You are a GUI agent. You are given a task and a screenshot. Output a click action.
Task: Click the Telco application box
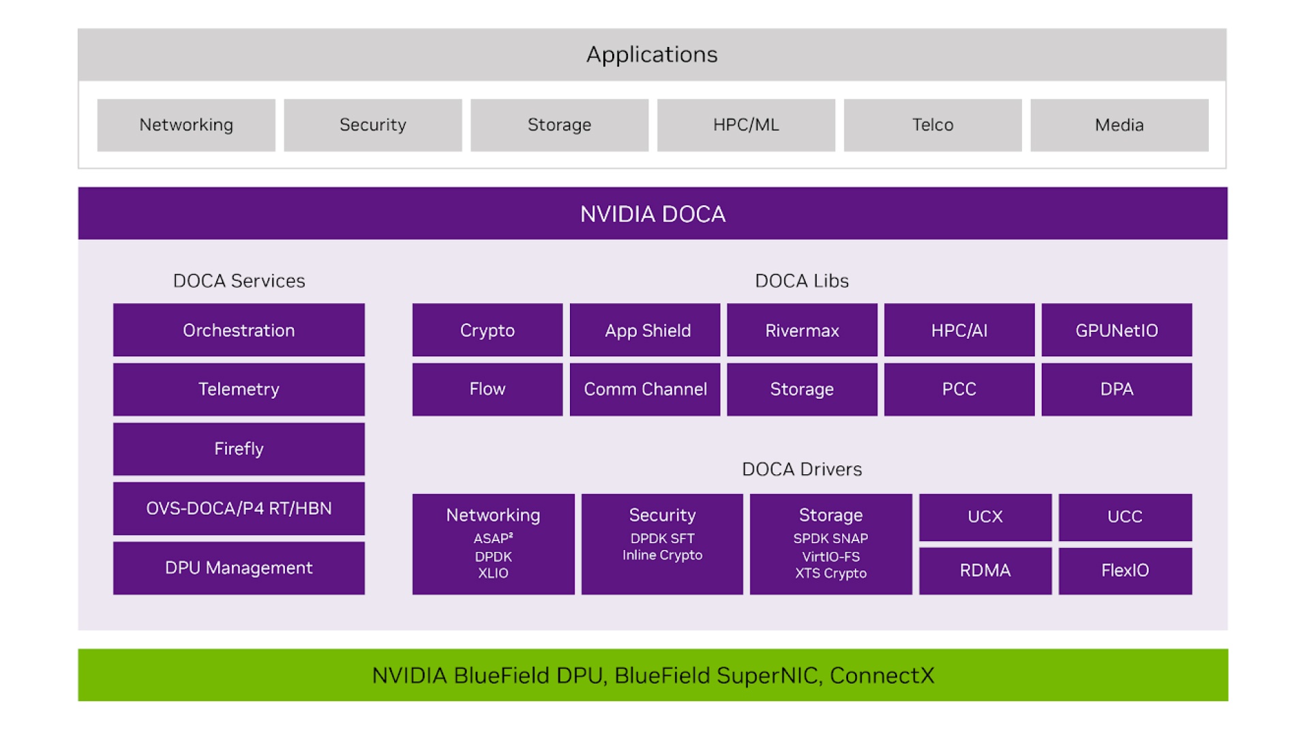pos(932,125)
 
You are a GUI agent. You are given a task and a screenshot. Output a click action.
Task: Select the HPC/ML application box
pos(746,125)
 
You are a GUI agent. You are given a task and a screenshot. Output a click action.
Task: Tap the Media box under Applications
pos(1119,125)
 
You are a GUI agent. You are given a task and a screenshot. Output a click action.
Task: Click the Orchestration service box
pos(239,330)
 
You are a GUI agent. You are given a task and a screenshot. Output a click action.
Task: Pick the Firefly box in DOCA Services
pos(239,448)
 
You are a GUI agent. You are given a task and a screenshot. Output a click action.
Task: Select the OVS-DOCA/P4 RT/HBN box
pos(239,508)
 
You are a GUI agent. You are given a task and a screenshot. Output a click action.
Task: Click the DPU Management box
pos(239,568)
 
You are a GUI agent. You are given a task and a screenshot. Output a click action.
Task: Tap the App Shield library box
pos(645,330)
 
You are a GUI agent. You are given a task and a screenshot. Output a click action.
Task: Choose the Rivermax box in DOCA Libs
pos(802,330)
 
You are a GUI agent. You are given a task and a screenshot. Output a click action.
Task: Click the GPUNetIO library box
pos(1116,330)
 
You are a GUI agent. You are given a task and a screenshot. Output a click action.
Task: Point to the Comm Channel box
pos(645,389)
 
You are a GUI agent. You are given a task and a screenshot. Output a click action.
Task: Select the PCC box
pos(959,389)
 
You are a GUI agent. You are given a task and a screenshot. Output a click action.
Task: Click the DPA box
pos(1116,389)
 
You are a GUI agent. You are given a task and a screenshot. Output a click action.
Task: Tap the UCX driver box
pos(984,517)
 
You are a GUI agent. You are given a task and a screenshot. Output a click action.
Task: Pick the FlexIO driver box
pos(1125,570)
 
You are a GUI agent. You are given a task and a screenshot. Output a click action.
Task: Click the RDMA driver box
pos(984,570)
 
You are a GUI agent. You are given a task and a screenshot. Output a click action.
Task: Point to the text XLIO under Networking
pos(493,573)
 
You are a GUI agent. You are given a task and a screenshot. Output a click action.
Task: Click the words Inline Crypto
pos(662,555)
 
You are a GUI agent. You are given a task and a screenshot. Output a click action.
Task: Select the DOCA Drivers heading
pos(802,469)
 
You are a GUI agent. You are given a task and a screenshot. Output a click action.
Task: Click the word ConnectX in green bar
pos(882,675)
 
